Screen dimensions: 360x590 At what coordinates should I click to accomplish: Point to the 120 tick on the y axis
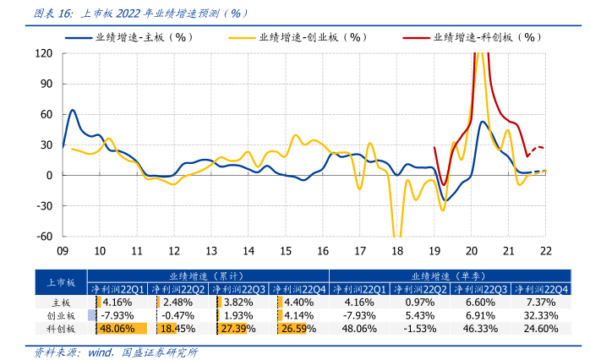coord(45,53)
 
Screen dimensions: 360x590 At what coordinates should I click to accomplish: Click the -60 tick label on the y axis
coord(45,236)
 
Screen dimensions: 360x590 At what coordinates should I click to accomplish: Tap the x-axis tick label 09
coord(63,251)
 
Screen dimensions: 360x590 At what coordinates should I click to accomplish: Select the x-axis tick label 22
coord(545,251)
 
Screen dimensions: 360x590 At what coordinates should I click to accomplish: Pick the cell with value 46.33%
coord(480,328)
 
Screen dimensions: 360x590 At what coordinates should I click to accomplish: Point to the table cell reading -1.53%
coord(420,328)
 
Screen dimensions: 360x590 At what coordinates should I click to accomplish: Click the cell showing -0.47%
coord(178,315)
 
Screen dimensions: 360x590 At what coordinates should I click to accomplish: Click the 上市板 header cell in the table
coord(61,282)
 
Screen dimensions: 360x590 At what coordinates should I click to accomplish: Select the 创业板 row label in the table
coord(61,315)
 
